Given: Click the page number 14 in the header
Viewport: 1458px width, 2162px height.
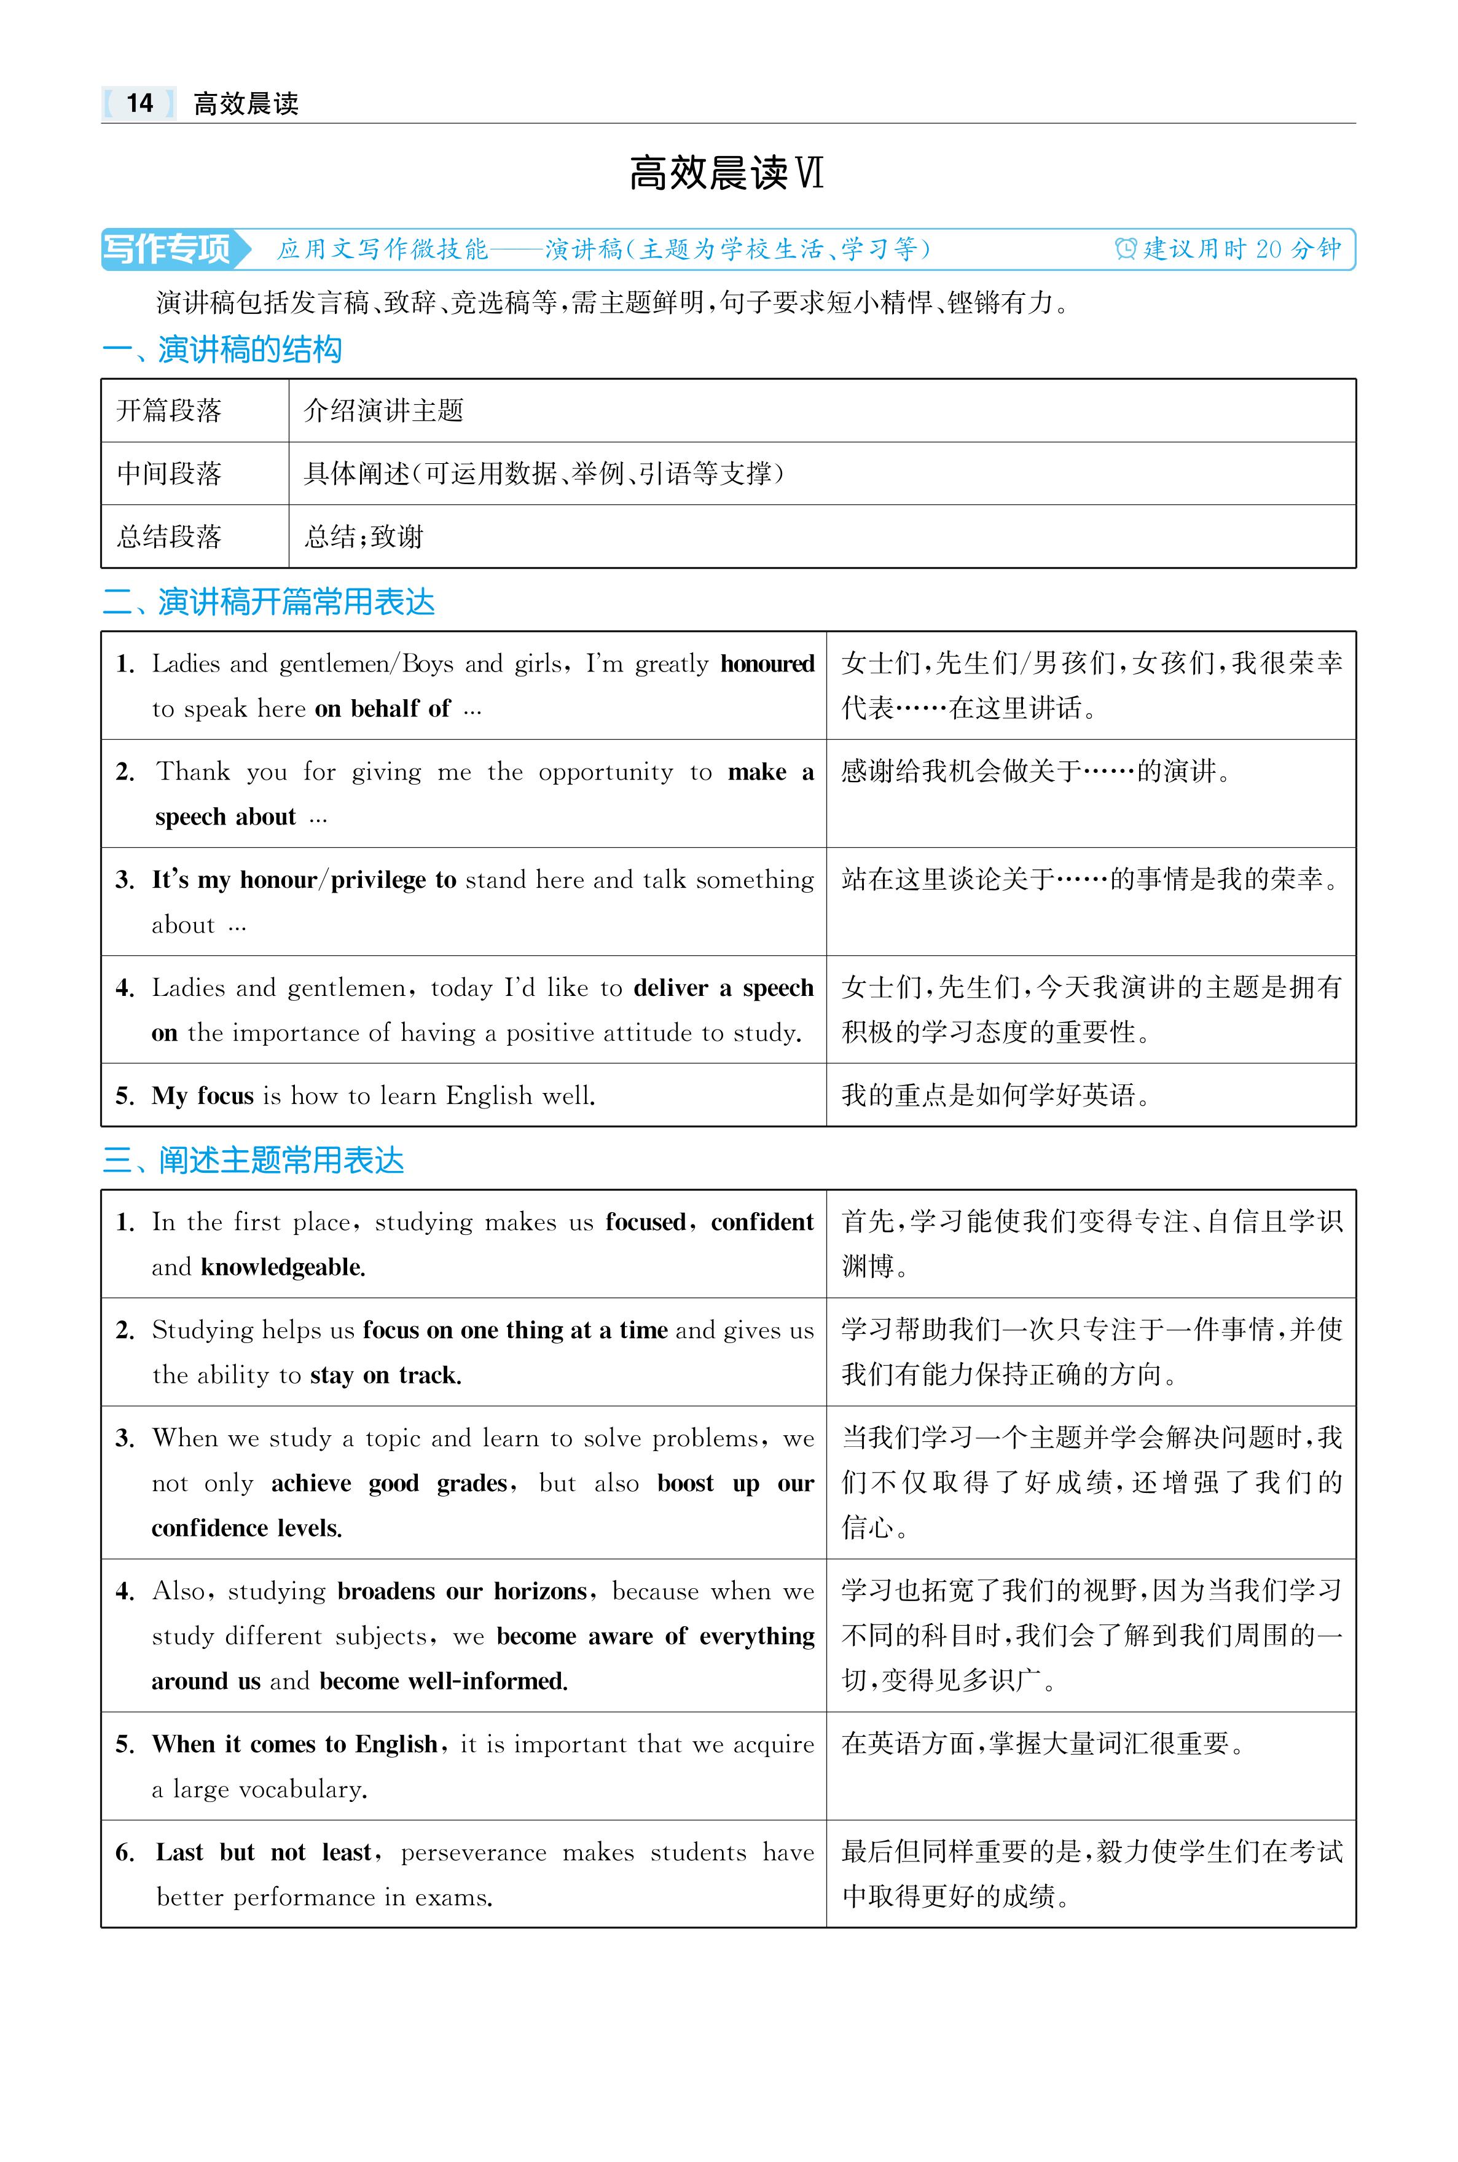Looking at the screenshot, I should [x=139, y=103].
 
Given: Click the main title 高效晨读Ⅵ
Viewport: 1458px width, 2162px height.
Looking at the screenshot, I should [x=726, y=174].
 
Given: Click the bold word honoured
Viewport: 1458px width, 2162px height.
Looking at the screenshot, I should [x=767, y=664].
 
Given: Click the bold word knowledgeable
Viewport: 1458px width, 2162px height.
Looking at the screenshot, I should [x=283, y=1267].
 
